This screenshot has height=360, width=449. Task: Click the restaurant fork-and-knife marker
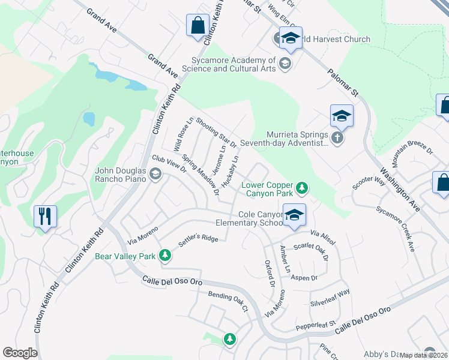pyautogui.click(x=45, y=217)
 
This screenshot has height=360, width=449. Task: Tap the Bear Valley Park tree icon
pyautogui.click(x=165, y=256)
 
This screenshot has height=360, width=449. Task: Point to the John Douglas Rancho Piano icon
pyautogui.click(x=155, y=175)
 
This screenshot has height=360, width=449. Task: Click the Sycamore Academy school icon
pyautogui.click(x=285, y=64)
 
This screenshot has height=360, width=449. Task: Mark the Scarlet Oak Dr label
pyautogui.click(x=311, y=251)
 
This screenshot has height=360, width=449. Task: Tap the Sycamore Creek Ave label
pyautogui.click(x=396, y=229)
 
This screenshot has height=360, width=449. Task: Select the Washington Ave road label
pyautogui.click(x=400, y=191)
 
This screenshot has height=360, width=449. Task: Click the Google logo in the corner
pyautogui.click(x=20, y=353)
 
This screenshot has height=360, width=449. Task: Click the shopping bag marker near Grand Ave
pyautogui.click(x=197, y=26)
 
